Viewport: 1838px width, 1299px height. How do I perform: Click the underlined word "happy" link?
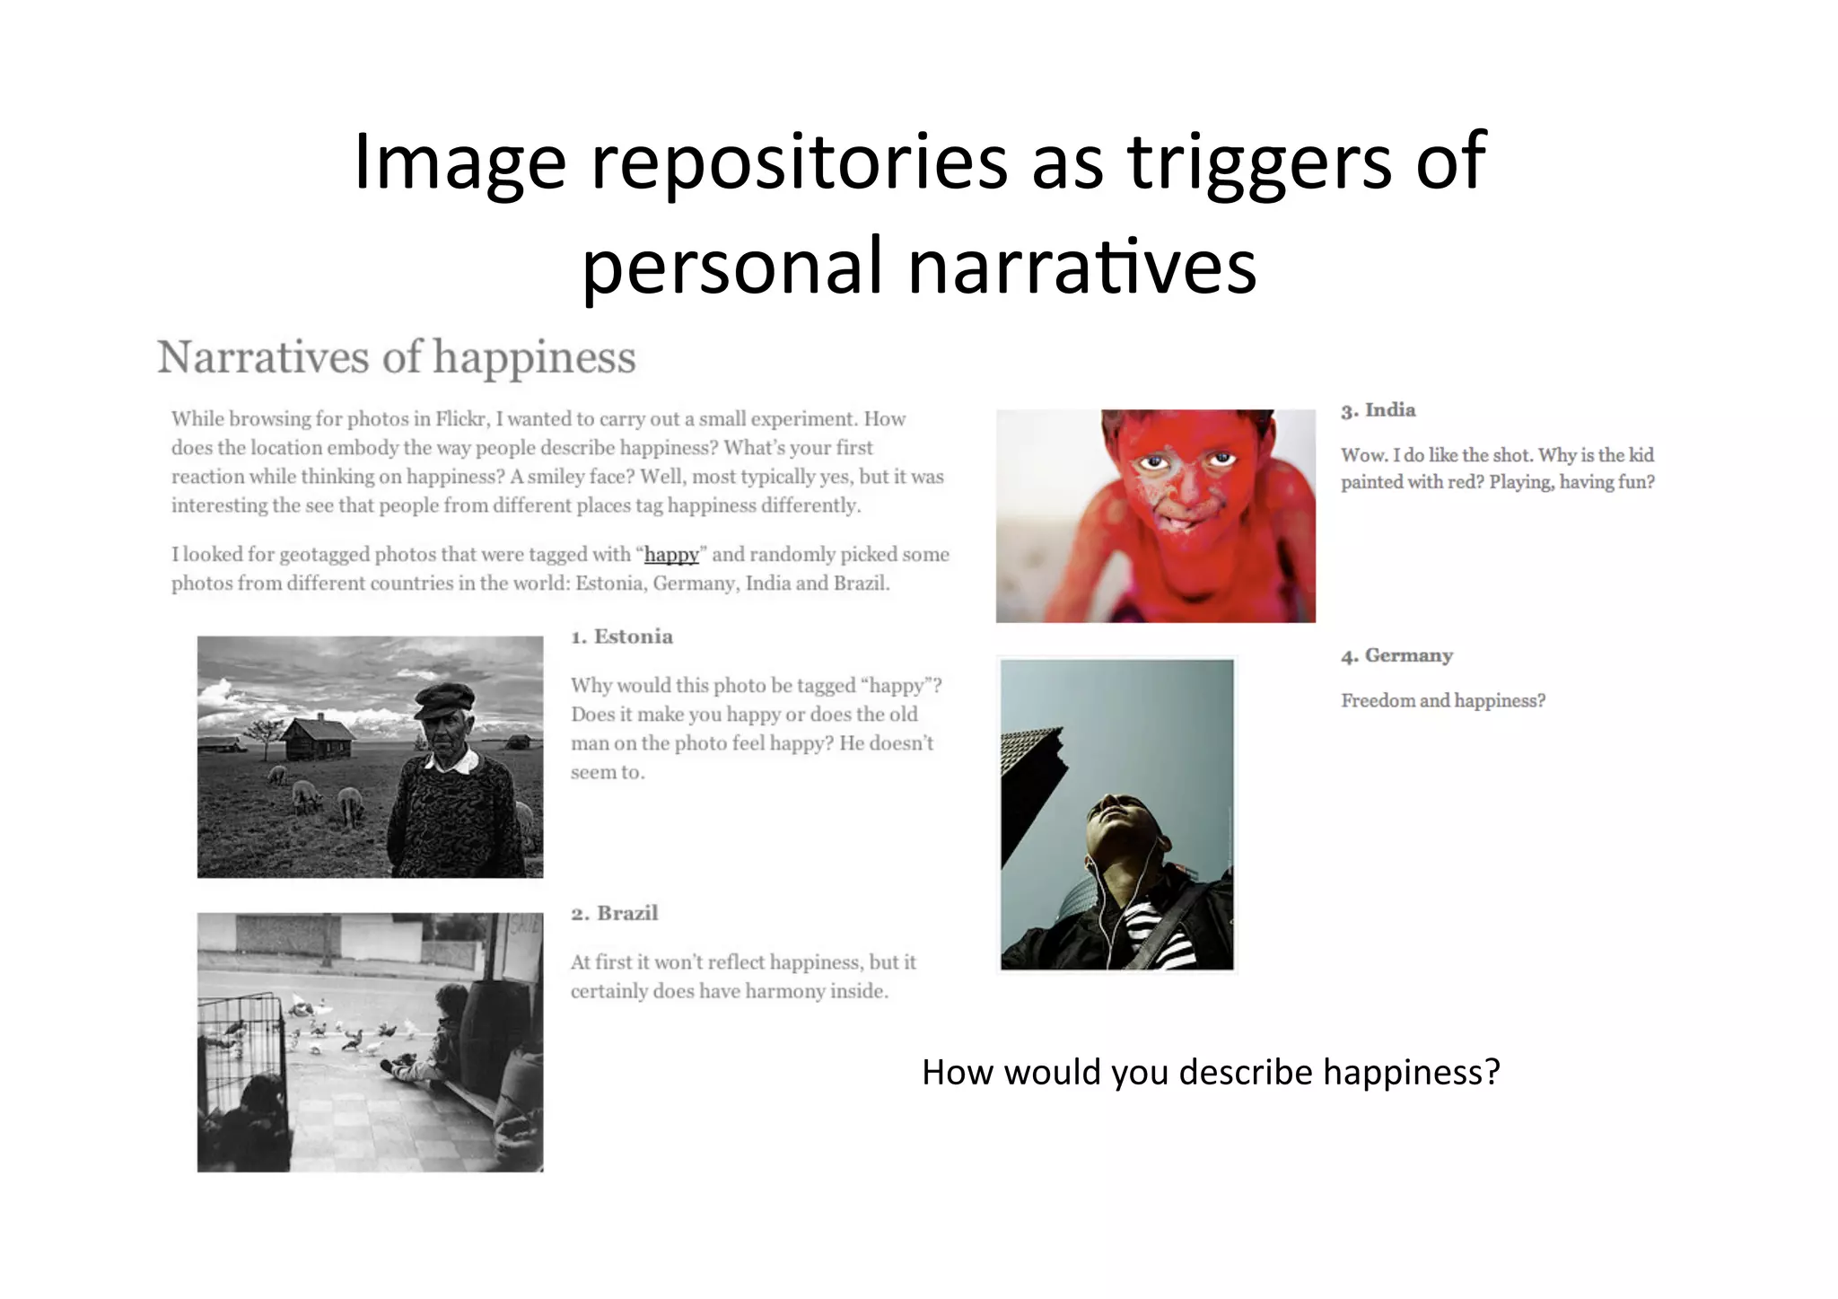point(671,555)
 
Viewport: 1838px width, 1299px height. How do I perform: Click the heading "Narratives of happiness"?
point(396,357)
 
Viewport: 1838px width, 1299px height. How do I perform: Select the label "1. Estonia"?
point(622,636)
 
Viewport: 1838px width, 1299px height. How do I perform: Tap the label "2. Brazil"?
point(615,913)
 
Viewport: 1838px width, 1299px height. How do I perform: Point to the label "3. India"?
point(1378,410)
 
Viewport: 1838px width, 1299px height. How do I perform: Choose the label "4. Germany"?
point(1397,655)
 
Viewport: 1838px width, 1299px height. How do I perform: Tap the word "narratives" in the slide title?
point(1081,267)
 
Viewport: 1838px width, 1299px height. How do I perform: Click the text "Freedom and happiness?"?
point(1443,701)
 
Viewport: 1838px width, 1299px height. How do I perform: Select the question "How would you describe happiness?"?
point(1211,1072)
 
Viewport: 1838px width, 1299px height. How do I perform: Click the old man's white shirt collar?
point(453,763)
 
